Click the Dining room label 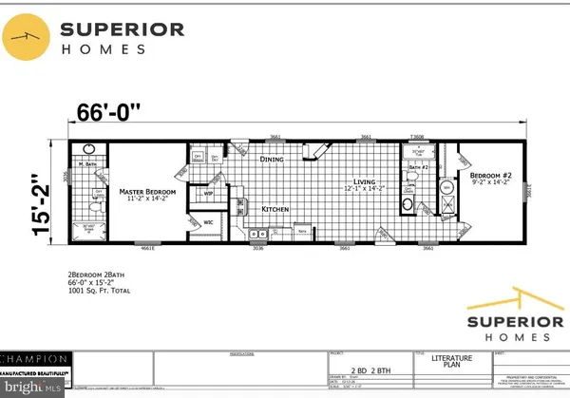point(273,160)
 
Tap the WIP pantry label point(209,194)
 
